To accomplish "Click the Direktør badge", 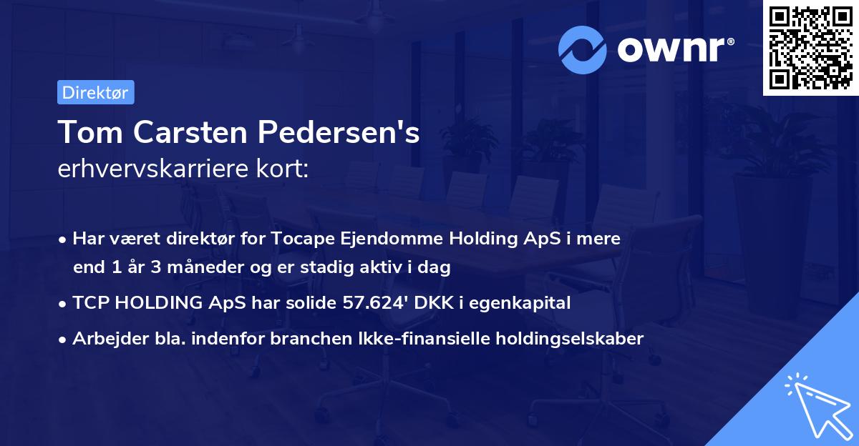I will point(95,92).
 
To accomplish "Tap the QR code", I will point(810,47).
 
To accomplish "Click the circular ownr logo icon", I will point(583,49).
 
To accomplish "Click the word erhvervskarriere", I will point(157,169).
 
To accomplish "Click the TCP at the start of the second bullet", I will point(90,302).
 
